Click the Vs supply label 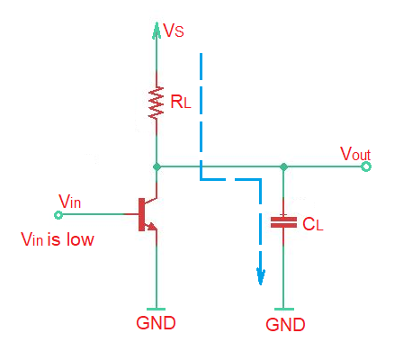tap(174, 31)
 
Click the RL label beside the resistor tap(180, 101)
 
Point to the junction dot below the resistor tap(157, 166)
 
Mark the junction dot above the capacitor tap(284, 166)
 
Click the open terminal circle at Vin tap(58, 214)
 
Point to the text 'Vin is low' tap(58, 240)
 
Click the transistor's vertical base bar tap(141, 214)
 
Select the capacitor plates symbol tap(284, 221)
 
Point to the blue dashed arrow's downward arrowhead tap(261, 275)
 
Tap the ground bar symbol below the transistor tap(157, 307)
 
